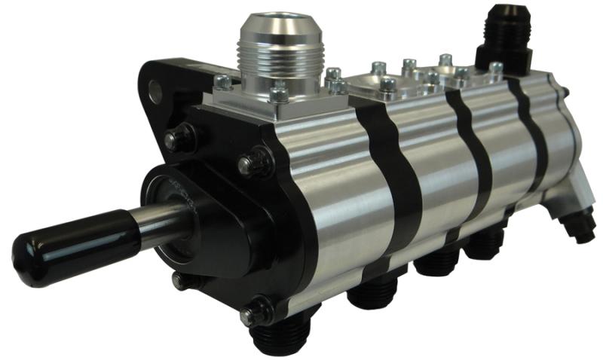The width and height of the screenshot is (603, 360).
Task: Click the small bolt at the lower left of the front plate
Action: pyautogui.click(x=179, y=280)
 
